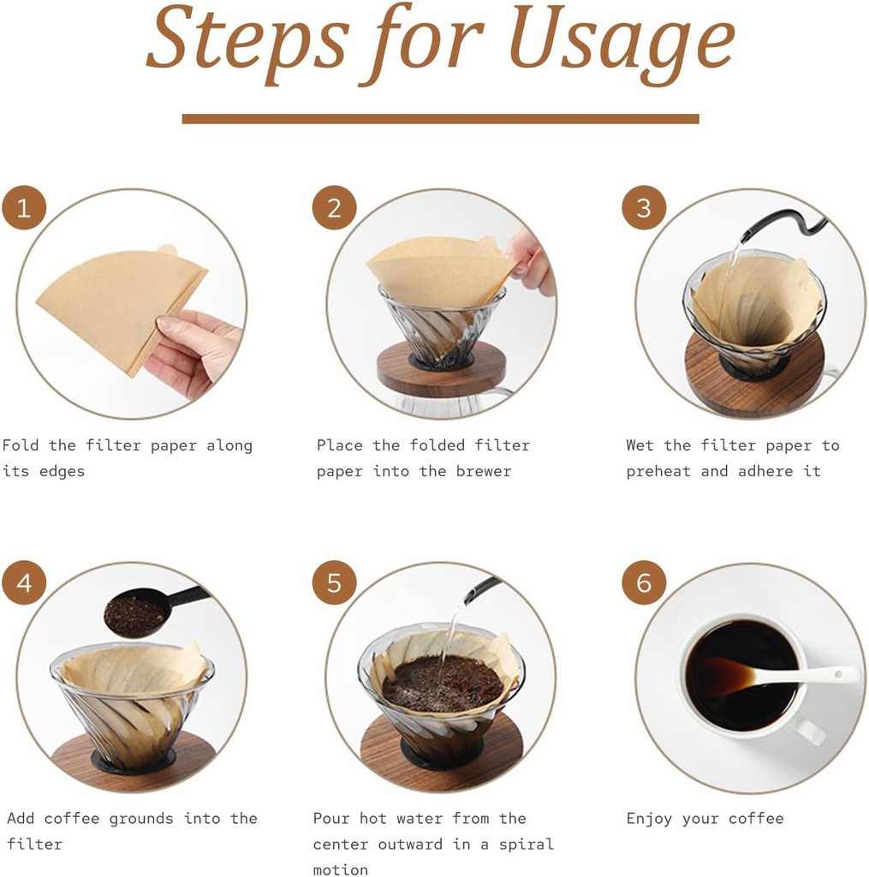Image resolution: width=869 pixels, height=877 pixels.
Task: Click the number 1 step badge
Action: tap(24, 207)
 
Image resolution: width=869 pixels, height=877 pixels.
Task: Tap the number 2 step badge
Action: tap(334, 207)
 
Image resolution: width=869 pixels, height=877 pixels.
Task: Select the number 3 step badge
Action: tap(644, 207)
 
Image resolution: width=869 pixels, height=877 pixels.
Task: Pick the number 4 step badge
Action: tap(24, 583)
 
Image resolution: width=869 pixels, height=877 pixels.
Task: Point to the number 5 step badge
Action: tap(334, 583)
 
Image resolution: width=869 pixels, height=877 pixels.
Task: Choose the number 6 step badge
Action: tap(644, 583)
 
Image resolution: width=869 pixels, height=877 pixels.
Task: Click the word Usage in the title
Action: tap(622, 43)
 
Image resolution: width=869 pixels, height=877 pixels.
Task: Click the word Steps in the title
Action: tap(247, 43)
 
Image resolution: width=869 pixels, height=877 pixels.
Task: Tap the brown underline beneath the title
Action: tap(440, 118)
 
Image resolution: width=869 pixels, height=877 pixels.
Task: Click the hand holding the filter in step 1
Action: tap(193, 351)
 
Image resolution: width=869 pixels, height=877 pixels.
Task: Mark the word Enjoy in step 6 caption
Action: tap(650, 819)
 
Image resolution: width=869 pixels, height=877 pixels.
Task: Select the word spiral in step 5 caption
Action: tap(526, 844)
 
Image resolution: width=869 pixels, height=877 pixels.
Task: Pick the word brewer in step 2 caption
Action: tap(483, 471)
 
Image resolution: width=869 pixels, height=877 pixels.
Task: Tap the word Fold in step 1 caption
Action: tap(21, 445)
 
